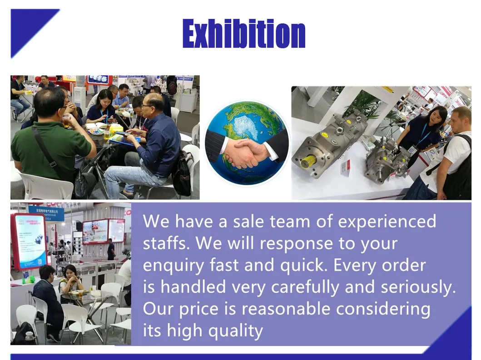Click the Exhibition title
click(x=244, y=34)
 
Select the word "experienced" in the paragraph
click(x=387, y=222)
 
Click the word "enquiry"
click(x=174, y=266)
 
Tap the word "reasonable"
click(x=286, y=309)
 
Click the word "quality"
click(x=235, y=331)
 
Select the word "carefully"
click(x=305, y=287)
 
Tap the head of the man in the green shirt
click(x=50, y=103)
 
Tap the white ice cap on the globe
click(x=245, y=127)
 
